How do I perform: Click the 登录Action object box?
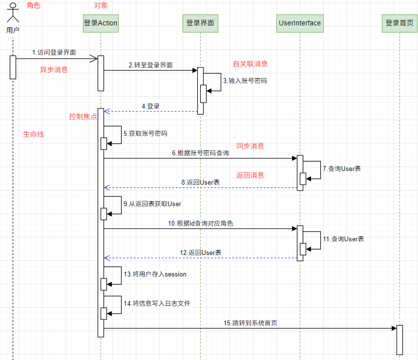click(x=101, y=23)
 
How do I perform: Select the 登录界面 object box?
click(x=201, y=23)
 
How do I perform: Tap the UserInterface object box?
click(x=300, y=23)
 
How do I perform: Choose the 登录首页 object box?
click(x=399, y=23)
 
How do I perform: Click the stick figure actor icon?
click(x=13, y=13)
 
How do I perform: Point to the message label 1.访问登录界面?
click(x=54, y=52)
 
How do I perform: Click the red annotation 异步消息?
click(x=54, y=69)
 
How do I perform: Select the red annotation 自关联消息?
click(x=251, y=64)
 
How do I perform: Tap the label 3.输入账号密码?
click(x=245, y=81)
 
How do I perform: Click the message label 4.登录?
click(x=150, y=106)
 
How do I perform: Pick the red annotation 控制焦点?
click(x=83, y=117)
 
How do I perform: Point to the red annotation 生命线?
click(x=34, y=134)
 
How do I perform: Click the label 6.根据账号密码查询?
click(x=201, y=153)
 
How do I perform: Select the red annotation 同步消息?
click(x=250, y=146)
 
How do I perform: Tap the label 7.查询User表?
click(x=342, y=169)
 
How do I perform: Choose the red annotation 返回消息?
click(x=250, y=175)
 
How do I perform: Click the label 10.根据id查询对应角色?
click(x=201, y=223)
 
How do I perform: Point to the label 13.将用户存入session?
click(x=155, y=274)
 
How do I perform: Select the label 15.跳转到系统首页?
click(x=251, y=323)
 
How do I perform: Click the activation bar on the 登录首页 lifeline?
click(x=399, y=340)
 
